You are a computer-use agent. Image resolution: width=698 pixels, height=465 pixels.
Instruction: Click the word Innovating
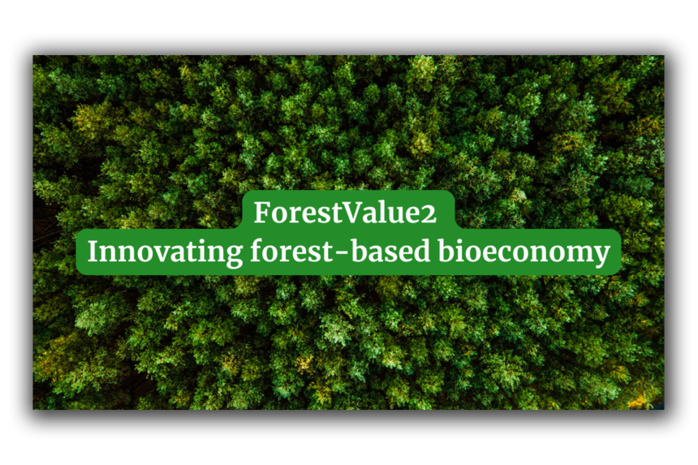[x=165, y=252]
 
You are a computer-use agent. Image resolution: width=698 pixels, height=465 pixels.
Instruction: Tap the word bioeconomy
[x=524, y=252]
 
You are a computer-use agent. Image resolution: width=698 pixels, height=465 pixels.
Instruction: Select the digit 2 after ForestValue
[x=429, y=214]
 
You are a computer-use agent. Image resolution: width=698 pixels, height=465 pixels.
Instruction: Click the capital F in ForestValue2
[x=262, y=212]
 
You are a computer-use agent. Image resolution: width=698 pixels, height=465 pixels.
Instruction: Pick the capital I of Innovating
[x=93, y=251]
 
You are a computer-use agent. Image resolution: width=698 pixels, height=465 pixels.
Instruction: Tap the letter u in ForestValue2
[x=392, y=215]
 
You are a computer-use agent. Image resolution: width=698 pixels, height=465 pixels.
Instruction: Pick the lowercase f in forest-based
[x=257, y=251]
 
